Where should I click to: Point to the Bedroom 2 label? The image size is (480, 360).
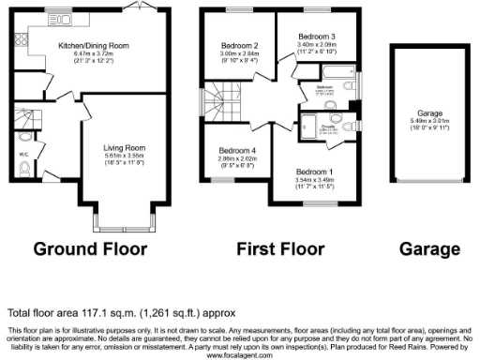click(239, 45)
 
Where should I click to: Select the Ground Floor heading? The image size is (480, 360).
click(91, 250)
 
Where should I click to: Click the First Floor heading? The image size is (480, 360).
click(278, 250)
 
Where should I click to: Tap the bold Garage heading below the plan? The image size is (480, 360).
click(429, 250)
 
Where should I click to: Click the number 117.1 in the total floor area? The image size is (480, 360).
click(89, 312)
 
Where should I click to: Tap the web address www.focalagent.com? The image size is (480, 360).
click(240, 355)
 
